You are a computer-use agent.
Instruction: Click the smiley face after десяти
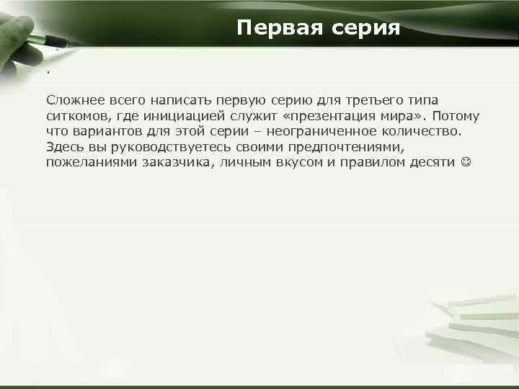[x=466, y=163]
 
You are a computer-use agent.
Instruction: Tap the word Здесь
[x=63, y=147]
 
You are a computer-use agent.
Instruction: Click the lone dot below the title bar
[x=48, y=73]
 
